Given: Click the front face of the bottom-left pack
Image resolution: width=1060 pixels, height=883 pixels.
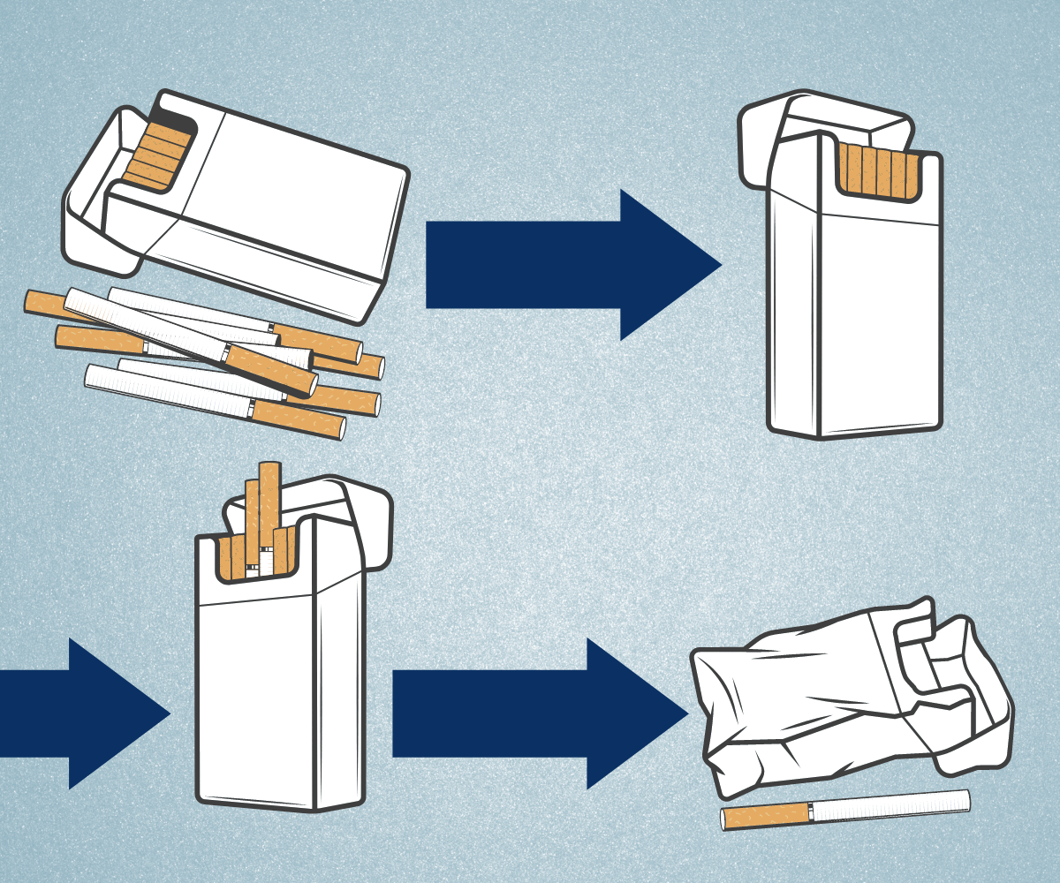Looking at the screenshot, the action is pos(256,698).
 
